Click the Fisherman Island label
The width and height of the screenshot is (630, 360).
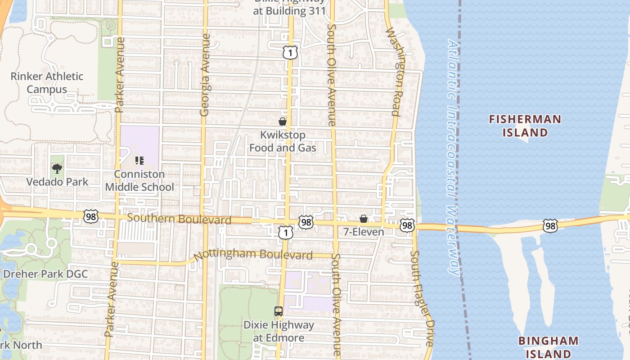click(x=525, y=126)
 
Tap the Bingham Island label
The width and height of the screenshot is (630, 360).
click(x=547, y=346)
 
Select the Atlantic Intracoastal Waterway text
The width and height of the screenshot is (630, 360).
click(x=454, y=157)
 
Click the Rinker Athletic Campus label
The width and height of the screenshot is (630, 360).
click(x=47, y=83)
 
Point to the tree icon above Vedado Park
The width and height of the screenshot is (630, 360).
click(x=57, y=169)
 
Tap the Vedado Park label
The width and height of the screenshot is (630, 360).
click(x=57, y=182)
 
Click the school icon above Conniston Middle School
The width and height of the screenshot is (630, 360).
click(x=139, y=160)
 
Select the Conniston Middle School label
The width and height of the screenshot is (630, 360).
click(x=139, y=180)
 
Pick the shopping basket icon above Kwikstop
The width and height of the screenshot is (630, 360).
click(x=283, y=121)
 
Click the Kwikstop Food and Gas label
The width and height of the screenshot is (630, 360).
click(x=283, y=141)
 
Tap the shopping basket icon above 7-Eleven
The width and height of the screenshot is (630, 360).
click(x=364, y=219)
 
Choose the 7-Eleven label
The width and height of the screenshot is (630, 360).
click(x=364, y=232)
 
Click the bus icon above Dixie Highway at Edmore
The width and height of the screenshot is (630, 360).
click(x=279, y=311)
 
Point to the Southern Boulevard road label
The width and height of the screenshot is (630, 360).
click(x=179, y=219)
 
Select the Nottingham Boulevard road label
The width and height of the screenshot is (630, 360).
click(x=253, y=255)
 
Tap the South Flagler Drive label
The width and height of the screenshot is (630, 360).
click(x=422, y=298)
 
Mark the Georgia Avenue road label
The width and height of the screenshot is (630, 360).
click(x=205, y=75)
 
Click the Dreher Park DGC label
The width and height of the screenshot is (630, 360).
click(x=45, y=274)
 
